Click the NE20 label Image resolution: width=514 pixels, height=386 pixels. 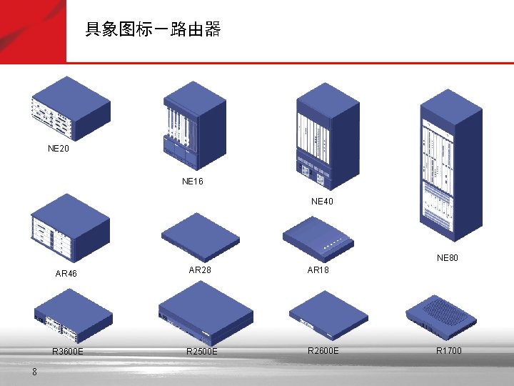[x=59, y=149]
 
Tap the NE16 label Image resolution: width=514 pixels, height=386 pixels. [x=193, y=182]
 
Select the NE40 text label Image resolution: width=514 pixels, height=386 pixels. [x=322, y=202]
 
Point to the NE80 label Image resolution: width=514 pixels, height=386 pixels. [x=448, y=258]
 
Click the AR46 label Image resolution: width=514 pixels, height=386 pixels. [x=66, y=274]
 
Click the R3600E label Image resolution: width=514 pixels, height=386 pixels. [x=68, y=351]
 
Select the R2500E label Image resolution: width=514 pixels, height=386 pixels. [x=202, y=352]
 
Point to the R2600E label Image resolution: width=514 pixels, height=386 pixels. [x=323, y=350]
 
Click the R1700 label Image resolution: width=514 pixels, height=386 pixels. [x=449, y=350]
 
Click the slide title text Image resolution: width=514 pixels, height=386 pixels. [x=153, y=30]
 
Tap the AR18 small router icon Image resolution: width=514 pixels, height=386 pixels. [x=318, y=237]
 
